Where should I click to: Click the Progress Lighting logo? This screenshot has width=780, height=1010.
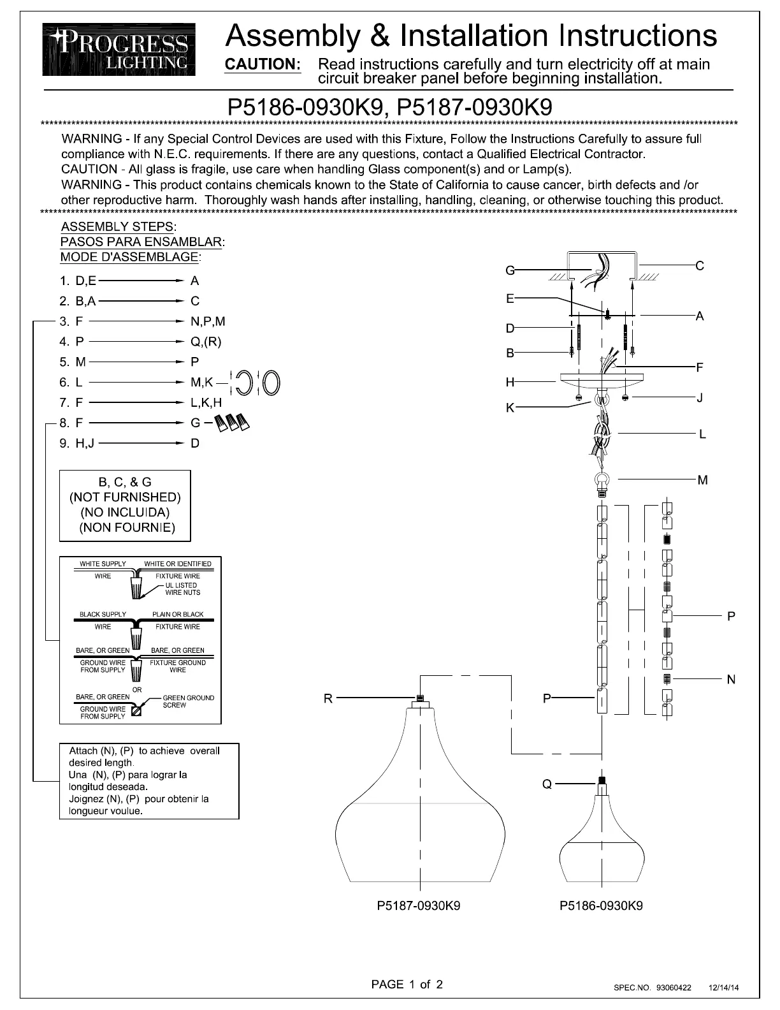tap(119, 49)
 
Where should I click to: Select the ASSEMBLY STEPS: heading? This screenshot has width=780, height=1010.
tap(119, 227)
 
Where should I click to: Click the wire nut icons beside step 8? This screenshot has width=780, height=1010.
tap(232, 422)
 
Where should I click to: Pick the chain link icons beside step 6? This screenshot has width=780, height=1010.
tap(257, 383)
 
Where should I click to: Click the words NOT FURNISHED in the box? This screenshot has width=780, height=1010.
tap(125, 497)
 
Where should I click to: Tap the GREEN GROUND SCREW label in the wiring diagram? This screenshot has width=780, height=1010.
tap(188, 701)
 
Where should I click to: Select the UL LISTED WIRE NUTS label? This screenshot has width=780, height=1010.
tap(183, 589)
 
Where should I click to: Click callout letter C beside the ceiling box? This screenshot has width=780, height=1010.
tap(700, 265)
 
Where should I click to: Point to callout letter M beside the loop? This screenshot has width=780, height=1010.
tap(702, 480)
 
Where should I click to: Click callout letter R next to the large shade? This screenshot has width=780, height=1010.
tap(328, 698)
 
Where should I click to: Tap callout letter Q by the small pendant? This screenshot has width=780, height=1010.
tap(547, 784)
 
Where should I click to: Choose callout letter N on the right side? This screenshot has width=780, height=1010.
tap(731, 680)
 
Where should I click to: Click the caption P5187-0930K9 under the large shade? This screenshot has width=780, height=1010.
tap(419, 906)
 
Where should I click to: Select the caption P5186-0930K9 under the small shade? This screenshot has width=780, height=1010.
tap(601, 906)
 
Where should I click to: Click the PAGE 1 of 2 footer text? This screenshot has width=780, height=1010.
tap(407, 984)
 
